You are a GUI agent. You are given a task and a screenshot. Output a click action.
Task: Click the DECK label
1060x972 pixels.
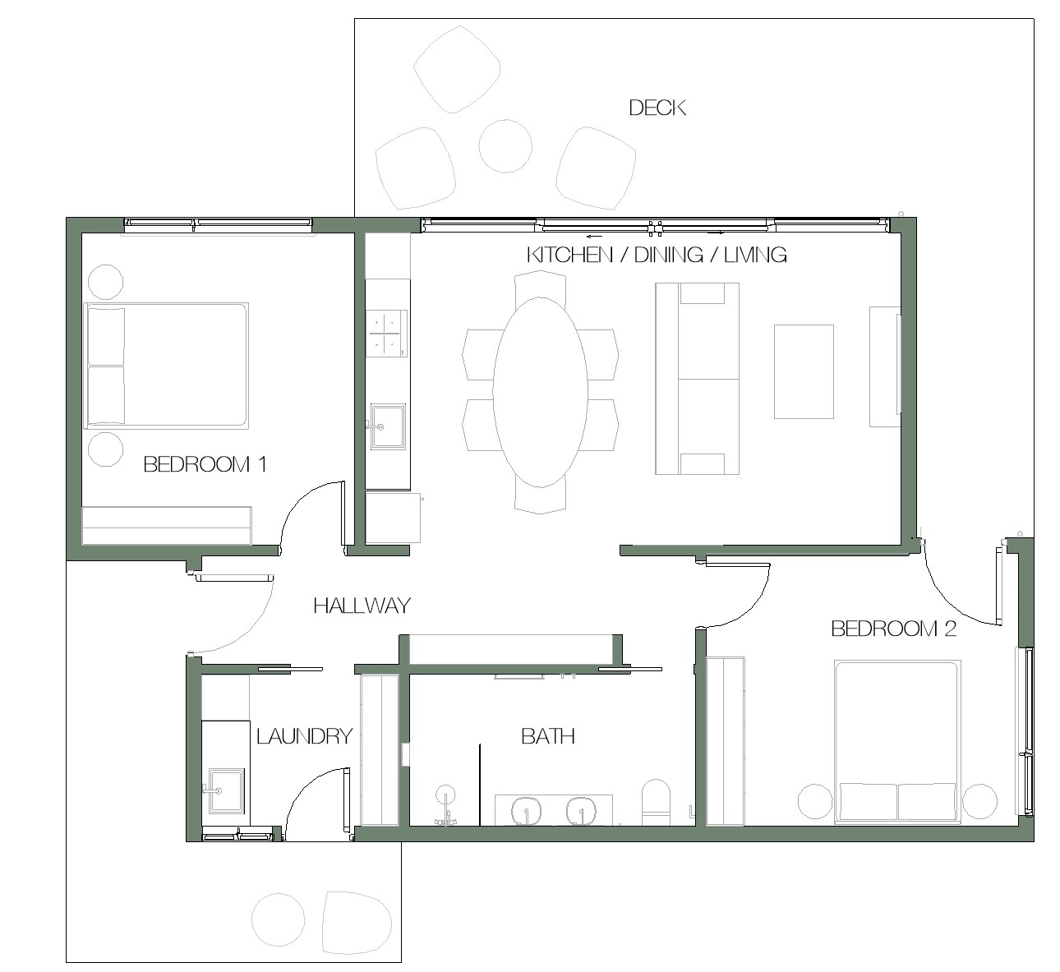(657, 108)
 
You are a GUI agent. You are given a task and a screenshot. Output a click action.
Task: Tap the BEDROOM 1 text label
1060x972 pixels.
(205, 464)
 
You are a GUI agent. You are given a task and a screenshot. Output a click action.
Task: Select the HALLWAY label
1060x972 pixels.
(362, 606)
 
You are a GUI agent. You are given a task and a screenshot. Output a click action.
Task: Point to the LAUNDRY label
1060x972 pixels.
(304, 736)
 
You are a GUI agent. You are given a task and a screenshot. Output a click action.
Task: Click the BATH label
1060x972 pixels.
(548, 736)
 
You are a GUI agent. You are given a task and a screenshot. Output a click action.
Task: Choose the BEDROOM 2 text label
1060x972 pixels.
(893, 629)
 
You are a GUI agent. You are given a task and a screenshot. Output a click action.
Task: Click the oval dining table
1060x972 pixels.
(540, 392)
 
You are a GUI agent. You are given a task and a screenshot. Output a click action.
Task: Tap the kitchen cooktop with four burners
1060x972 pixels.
(387, 334)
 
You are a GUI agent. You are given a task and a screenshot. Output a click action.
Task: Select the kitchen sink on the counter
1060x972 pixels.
(387, 426)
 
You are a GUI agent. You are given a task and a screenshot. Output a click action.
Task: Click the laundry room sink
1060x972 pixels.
(226, 790)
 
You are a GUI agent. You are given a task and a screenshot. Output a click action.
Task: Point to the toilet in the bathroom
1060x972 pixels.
(656, 802)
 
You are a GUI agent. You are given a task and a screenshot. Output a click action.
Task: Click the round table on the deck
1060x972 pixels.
(505, 146)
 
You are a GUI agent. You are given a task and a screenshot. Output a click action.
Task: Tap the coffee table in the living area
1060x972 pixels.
(804, 371)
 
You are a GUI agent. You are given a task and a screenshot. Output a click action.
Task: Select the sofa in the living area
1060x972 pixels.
(697, 379)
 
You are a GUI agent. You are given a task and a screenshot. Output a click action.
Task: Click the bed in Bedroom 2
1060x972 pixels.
(897, 742)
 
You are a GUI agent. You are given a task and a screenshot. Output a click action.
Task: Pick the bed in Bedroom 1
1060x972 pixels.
(166, 366)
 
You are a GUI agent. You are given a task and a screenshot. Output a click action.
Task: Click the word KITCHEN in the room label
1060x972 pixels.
(569, 256)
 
